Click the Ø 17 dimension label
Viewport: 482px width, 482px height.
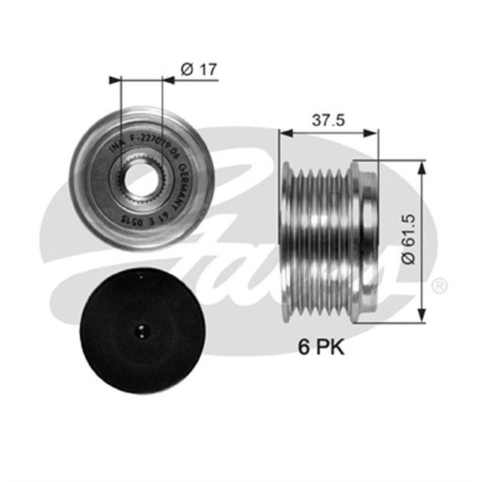pyautogui.click(x=200, y=69)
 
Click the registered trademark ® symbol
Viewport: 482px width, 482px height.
pyautogui.click(x=440, y=285)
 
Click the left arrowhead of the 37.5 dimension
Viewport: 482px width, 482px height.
pyautogui.click(x=284, y=133)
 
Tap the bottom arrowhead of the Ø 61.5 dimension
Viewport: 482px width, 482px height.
pyautogui.click(x=423, y=314)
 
